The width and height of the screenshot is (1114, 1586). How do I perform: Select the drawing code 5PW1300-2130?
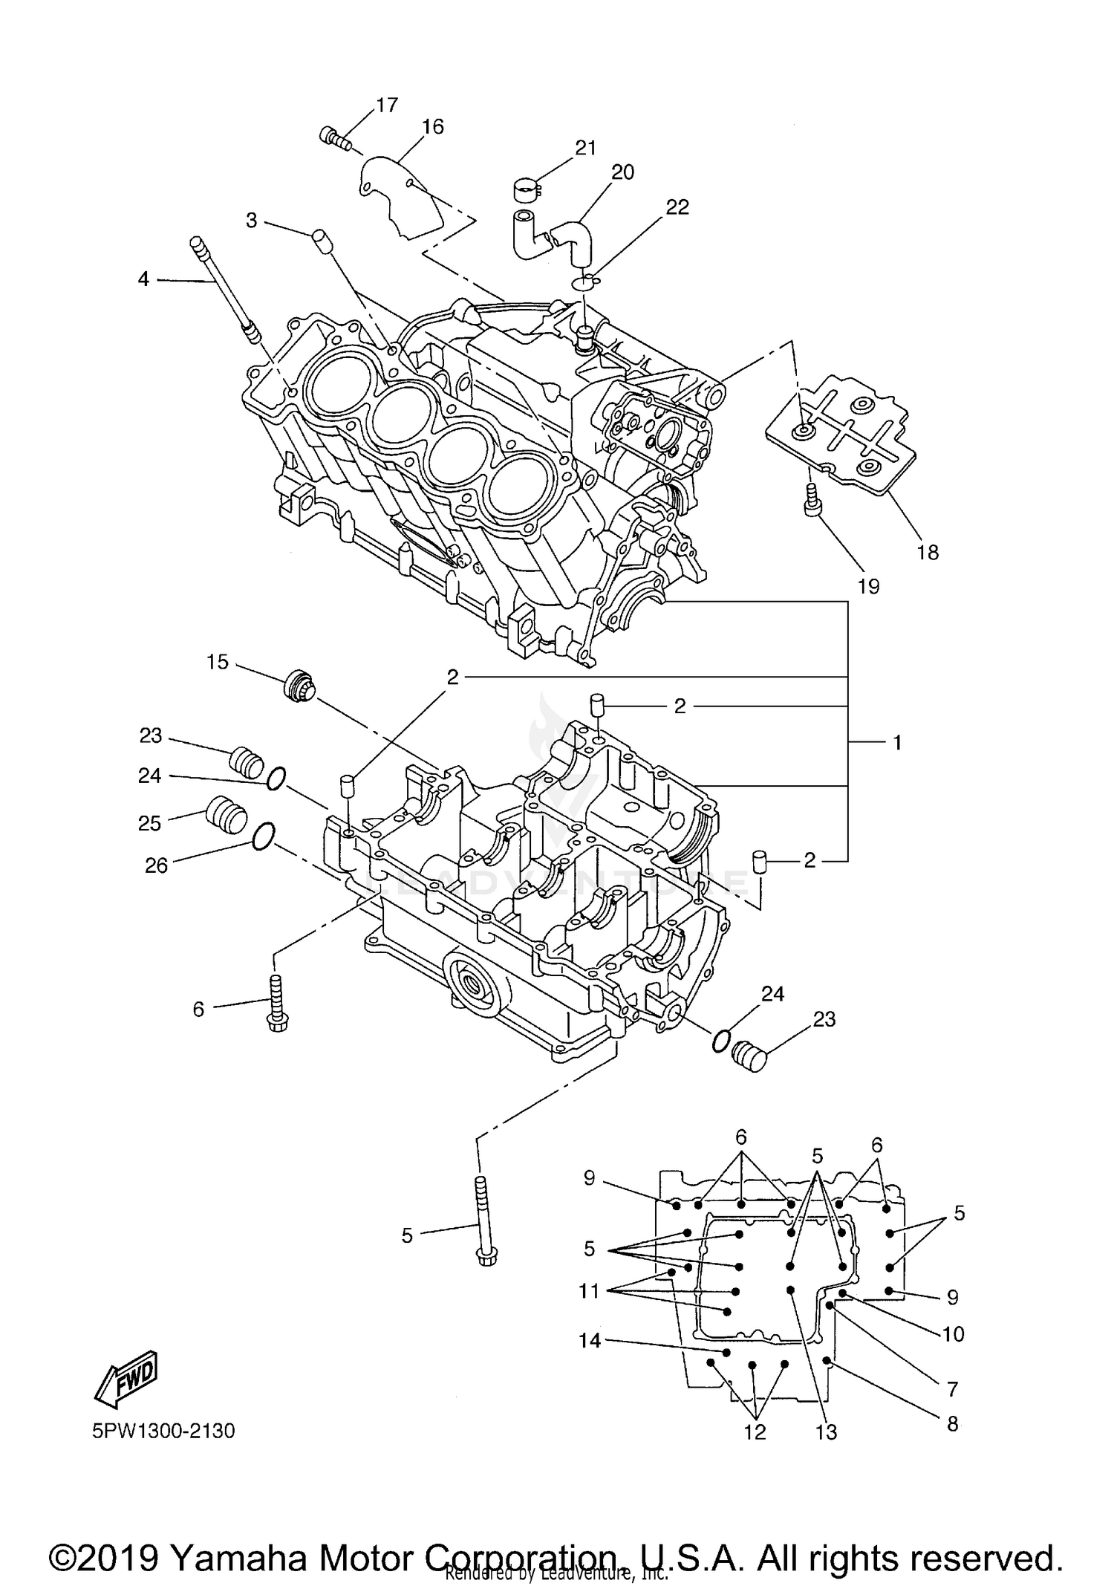point(163,1431)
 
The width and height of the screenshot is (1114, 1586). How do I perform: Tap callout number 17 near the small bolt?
point(386,105)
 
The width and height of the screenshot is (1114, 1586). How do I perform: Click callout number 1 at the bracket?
point(896,742)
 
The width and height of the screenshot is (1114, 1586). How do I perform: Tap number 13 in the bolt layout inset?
point(826,1432)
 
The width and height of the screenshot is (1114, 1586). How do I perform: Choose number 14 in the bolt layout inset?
point(590,1340)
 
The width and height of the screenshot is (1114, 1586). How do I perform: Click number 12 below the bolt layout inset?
point(755,1432)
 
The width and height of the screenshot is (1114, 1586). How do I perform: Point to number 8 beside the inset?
point(952,1423)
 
